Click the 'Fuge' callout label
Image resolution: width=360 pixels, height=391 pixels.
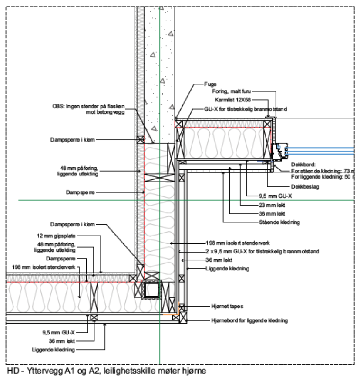(x=210, y=84)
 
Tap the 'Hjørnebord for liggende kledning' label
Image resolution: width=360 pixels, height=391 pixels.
(x=249, y=320)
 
